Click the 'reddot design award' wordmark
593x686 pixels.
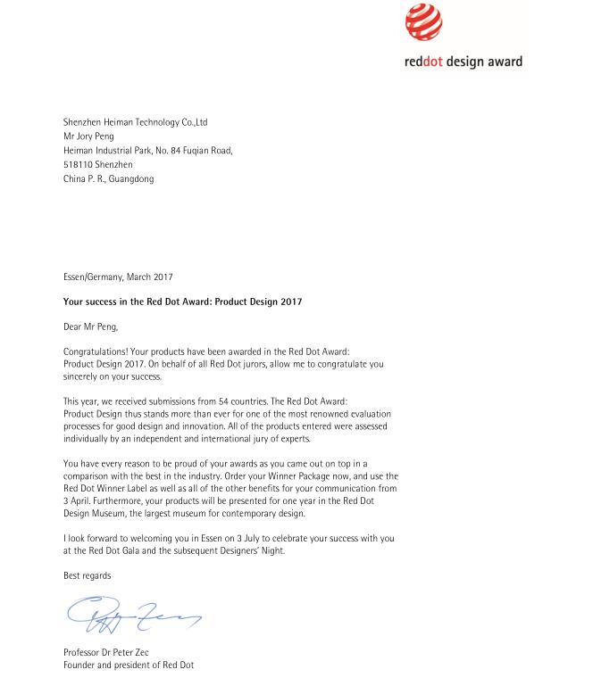(462, 62)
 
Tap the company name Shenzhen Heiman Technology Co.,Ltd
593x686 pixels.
(135, 122)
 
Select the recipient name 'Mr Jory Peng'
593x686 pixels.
(88, 136)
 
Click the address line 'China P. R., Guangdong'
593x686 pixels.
(108, 179)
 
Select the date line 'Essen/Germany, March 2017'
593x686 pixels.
(118, 277)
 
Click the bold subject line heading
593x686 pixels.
(182, 302)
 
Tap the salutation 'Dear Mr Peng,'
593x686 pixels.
(91, 327)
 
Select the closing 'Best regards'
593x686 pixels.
(87, 576)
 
